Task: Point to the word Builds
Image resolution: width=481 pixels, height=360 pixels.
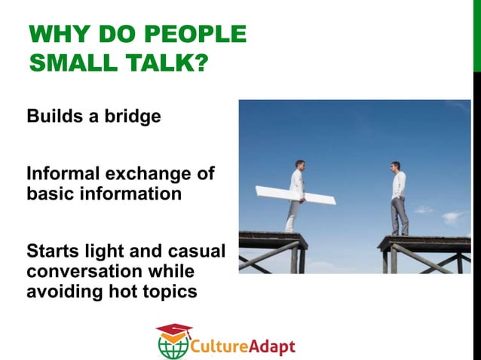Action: tap(53, 117)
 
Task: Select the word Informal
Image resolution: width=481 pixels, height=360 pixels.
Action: tap(64, 175)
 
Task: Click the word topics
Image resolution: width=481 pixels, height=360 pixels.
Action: tap(171, 290)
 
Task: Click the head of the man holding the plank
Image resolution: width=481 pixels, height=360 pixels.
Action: tap(299, 164)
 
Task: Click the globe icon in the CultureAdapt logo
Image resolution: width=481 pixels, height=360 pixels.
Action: tap(173, 346)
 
